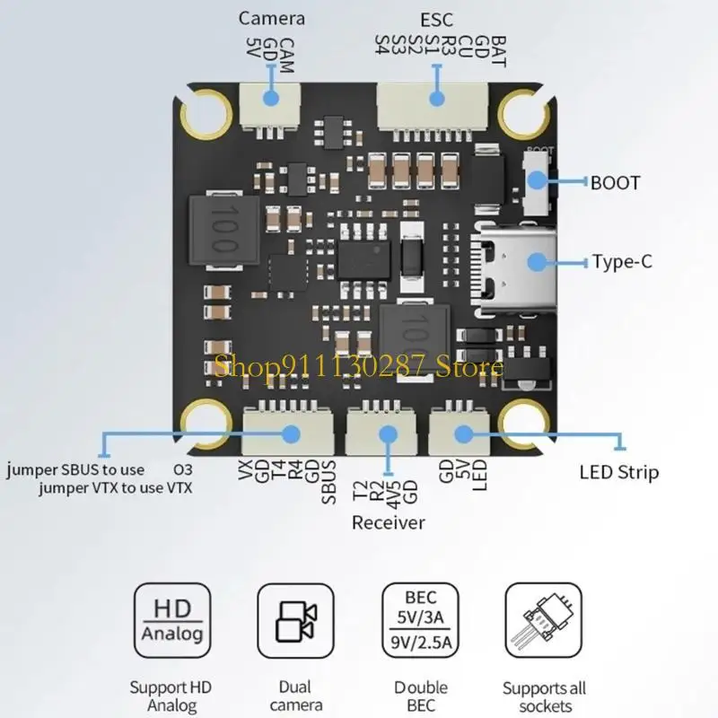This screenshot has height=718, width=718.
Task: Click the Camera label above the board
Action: click(272, 18)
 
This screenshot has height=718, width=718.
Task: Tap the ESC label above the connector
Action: click(437, 18)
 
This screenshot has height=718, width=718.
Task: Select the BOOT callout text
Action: click(616, 183)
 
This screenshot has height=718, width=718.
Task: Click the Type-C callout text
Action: click(621, 263)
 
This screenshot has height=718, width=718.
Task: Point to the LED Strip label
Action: click(618, 472)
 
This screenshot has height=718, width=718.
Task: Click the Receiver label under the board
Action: click(388, 522)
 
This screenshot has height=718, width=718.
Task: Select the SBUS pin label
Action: click(328, 483)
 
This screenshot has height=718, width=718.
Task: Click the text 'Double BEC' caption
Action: click(420, 697)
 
